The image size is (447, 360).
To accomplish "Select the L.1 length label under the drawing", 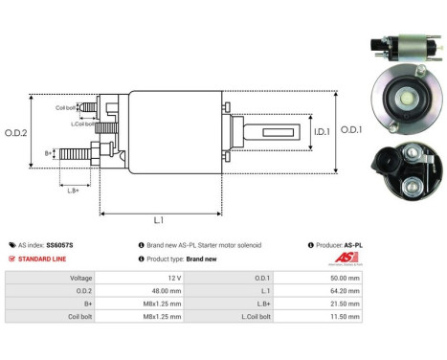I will (158, 220).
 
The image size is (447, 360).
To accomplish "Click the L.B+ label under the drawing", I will (73, 191).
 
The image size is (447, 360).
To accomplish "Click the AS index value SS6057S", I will (59, 245).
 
